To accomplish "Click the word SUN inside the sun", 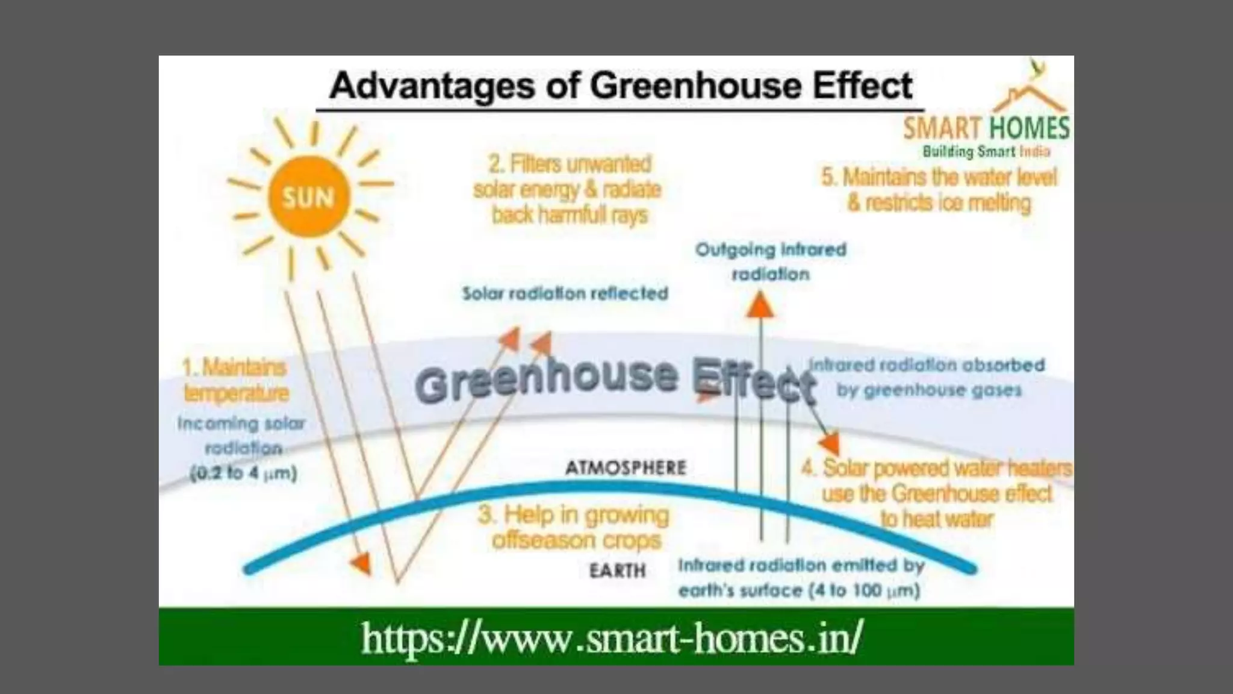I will point(308,197).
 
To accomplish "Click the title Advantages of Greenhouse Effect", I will point(620,86).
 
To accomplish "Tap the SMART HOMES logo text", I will point(986,128).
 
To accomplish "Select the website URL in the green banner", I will point(612,638).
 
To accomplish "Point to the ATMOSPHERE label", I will point(626,467).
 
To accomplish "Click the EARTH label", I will point(617,570).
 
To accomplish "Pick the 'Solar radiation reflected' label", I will point(565,293).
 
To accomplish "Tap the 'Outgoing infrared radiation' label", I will point(771,261).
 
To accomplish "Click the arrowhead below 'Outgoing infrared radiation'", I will point(761,305).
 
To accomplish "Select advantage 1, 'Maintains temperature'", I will point(235,380).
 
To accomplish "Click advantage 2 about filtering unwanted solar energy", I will point(567,189).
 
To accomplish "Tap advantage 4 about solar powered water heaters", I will point(937,493).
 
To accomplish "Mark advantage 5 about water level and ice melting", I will point(939,190).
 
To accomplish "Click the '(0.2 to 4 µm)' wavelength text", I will point(243,474).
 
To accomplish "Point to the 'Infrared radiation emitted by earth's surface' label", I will point(801,578).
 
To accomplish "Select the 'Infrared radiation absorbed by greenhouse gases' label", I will point(927,378).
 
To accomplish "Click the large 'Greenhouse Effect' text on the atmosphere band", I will point(614,380).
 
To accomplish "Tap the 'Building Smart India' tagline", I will point(986,151).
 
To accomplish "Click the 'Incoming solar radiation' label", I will point(242,435).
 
